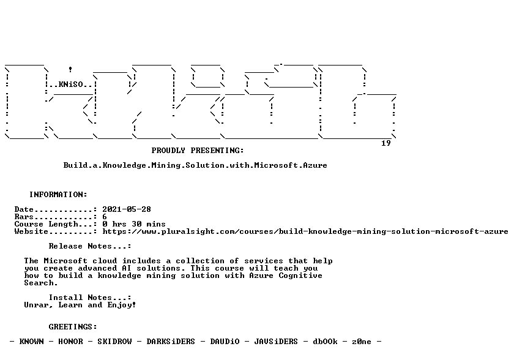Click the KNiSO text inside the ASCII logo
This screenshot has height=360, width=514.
pyautogui.click(x=71, y=84)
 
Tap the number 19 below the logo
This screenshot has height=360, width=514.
pyautogui.click(x=386, y=143)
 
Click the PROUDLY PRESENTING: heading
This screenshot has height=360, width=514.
pyautogui.click(x=198, y=151)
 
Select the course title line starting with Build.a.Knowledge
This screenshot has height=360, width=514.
pyautogui.click(x=195, y=165)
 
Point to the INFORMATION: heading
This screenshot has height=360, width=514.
pyautogui.click(x=58, y=195)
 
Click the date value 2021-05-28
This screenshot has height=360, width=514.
pyautogui.click(x=127, y=209)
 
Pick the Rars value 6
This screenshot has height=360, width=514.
pyautogui.click(x=105, y=217)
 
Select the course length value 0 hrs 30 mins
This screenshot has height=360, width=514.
pyautogui.click(x=134, y=224)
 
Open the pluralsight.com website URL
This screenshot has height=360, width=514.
pyautogui.click(x=305, y=232)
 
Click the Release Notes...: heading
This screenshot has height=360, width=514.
pyautogui.click(x=90, y=246)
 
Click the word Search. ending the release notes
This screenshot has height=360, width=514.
pyautogui.click(x=41, y=283)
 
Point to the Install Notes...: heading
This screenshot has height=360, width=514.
pyautogui.click(x=90, y=298)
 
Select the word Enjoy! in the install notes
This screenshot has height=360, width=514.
pyautogui.click(x=122, y=306)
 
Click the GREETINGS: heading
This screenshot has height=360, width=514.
pyautogui.click(x=73, y=327)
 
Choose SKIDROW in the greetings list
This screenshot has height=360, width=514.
pyautogui.click(x=115, y=342)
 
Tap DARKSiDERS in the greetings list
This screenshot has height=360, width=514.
pyautogui.click(x=171, y=342)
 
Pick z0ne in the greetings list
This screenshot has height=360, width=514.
pyautogui.click(x=362, y=342)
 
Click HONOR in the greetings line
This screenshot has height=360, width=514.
pyautogui.click(x=70, y=342)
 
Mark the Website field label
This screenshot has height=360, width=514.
pyautogui.click(x=31, y=232)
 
